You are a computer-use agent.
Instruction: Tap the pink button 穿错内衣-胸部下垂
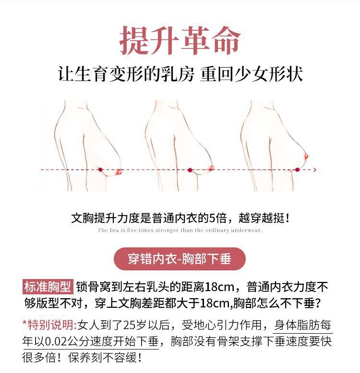[180, 259]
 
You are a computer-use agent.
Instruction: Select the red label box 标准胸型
[48, 288]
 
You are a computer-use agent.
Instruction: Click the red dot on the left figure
[100, 170]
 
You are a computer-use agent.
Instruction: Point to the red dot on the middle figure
[190, 170]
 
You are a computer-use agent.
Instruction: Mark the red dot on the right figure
[297, 170]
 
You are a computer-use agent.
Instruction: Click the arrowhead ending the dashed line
[314, 170]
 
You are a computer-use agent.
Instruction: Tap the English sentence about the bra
[180, 231]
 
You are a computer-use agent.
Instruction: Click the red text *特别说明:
[49, 325]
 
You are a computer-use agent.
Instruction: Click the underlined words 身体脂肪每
[302, 325]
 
